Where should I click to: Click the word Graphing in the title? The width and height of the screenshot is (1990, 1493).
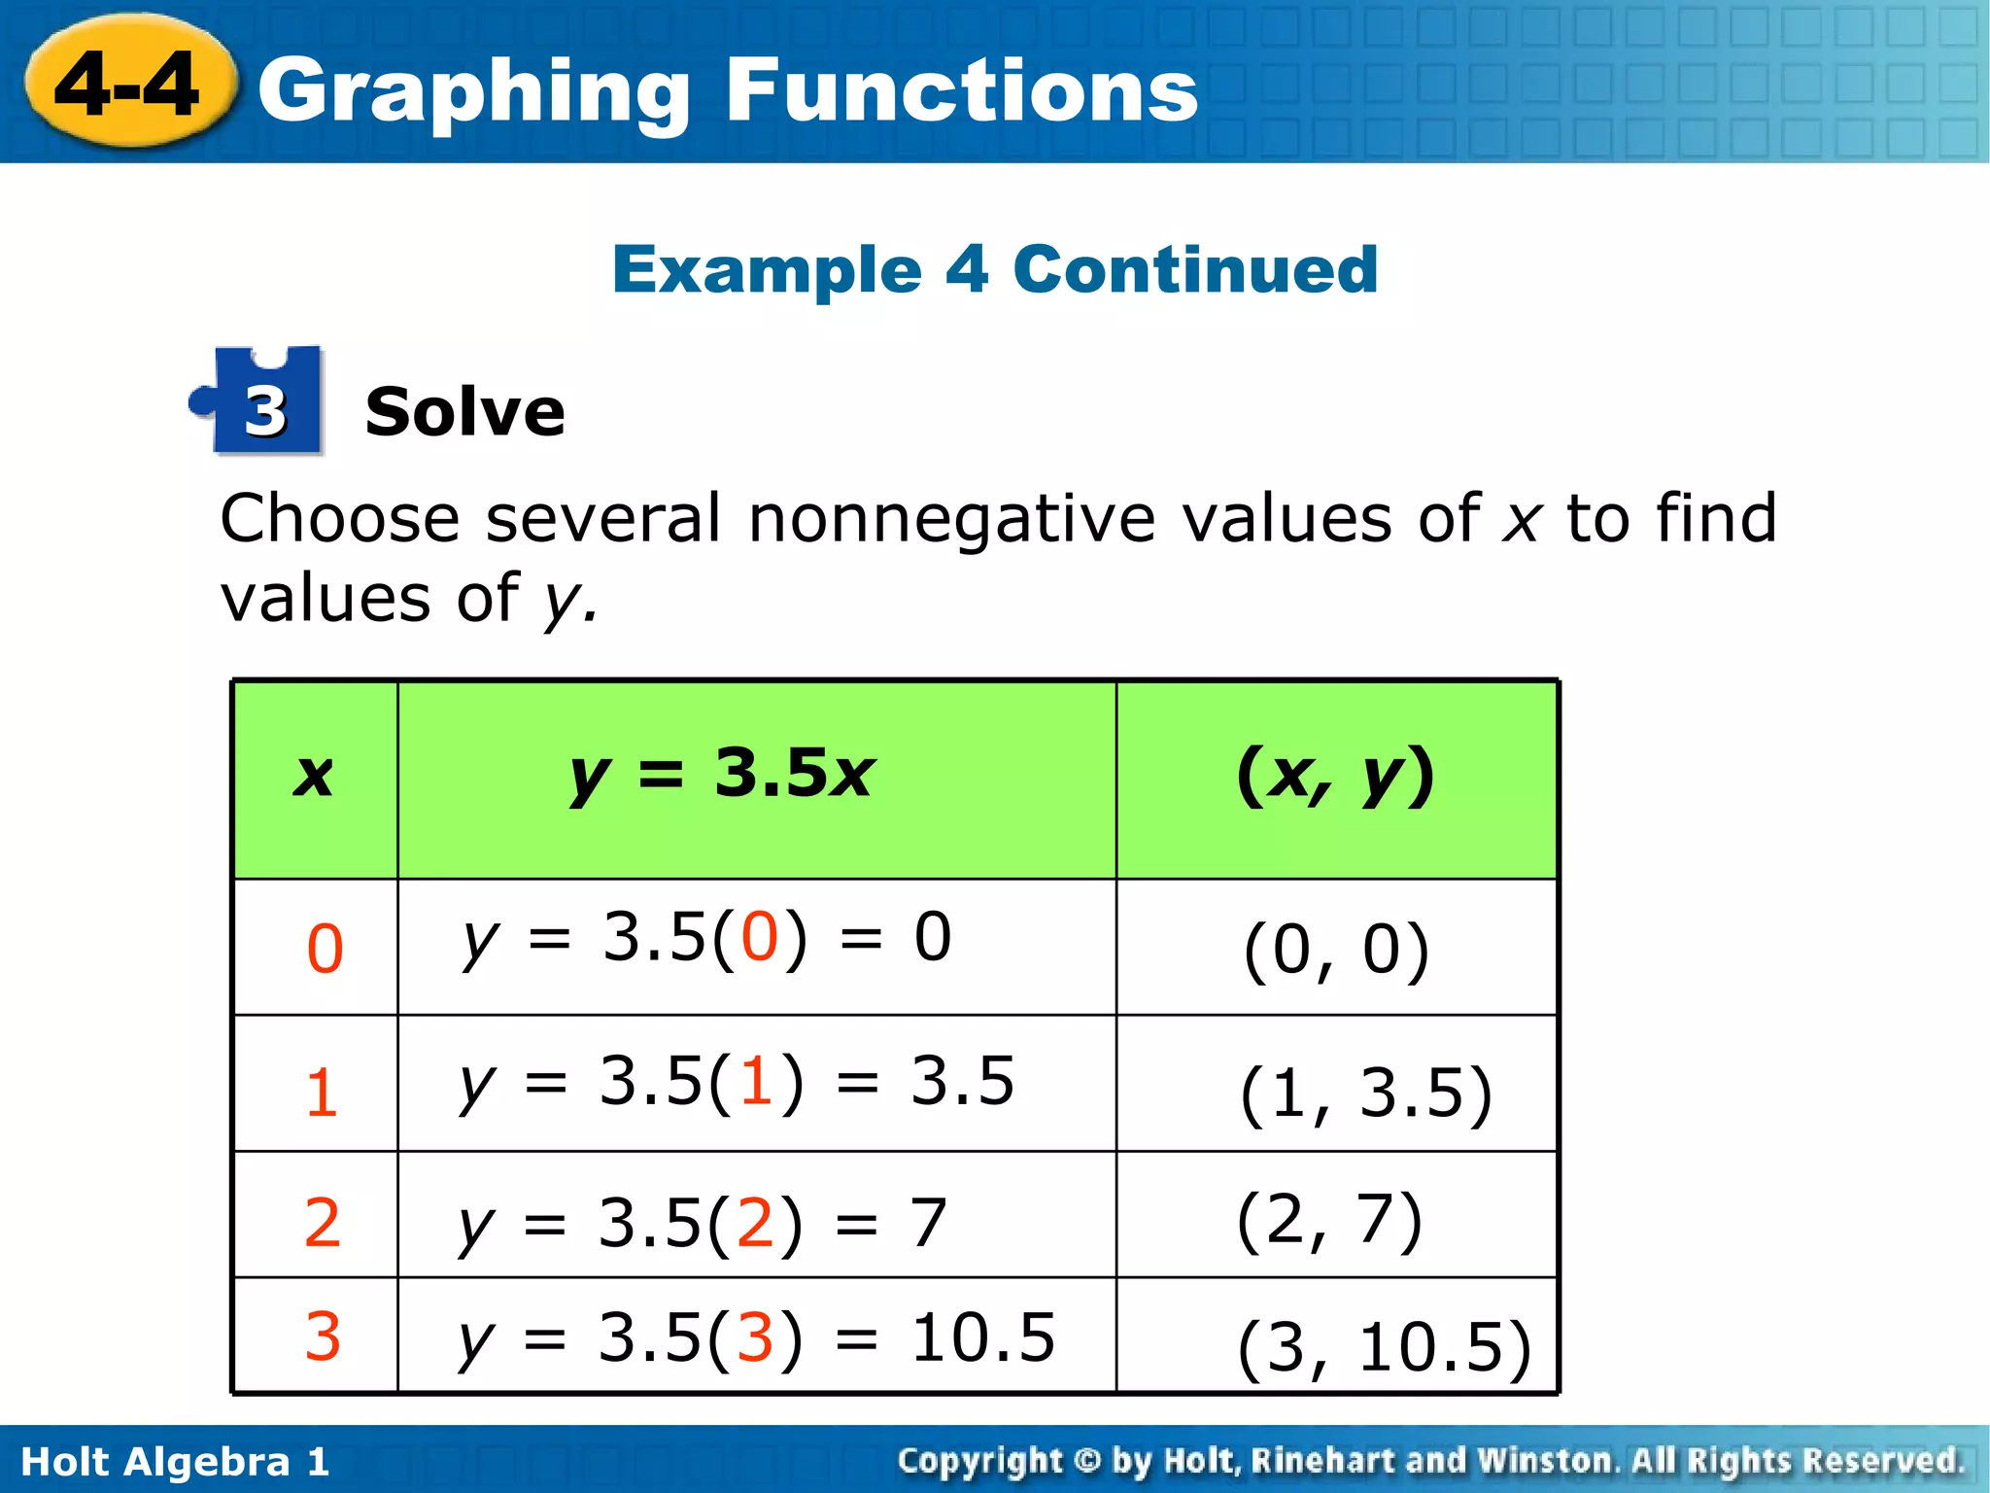click(473, 92)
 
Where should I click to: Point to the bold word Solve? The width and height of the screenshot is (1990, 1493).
click(464, 412)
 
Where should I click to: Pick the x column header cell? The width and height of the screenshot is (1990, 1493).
click(314, 778)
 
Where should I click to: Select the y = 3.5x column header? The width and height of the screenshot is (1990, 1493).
click(724, 775)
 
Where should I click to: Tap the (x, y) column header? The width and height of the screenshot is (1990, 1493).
click(1335, 777)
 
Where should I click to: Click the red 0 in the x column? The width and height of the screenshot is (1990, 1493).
click(325, 949)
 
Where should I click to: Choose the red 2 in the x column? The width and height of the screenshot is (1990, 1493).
click(322, 1222)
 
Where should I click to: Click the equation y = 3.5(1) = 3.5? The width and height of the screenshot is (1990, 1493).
click(737, 1082)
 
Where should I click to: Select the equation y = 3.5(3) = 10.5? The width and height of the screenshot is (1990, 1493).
click(757, 1338)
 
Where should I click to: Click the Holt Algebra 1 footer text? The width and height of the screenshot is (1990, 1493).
click(175, 1461)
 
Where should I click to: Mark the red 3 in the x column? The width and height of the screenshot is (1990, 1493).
click(323, 1336)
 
